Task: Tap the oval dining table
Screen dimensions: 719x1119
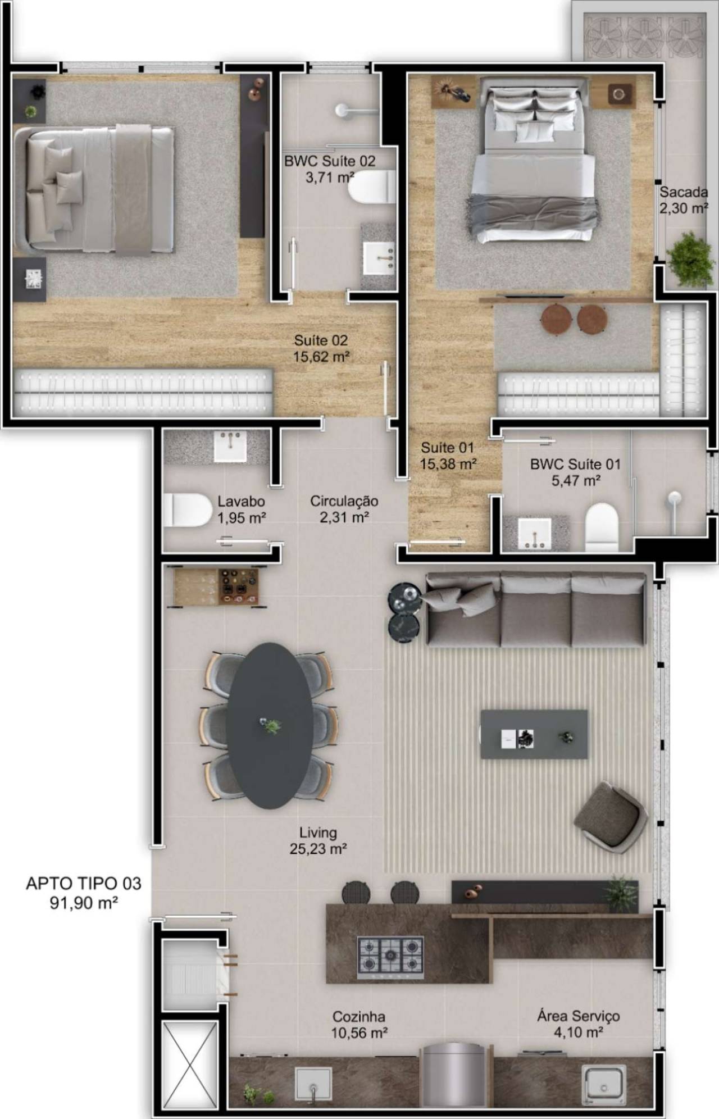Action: pos(270,725)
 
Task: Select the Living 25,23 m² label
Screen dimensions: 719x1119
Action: pos(318,840)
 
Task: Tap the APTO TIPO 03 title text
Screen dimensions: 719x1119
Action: pos(84,884)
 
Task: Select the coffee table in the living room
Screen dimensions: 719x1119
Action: pos(534,734)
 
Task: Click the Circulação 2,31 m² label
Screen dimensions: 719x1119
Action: pos(344,508)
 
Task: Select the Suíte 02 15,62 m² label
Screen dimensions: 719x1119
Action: pos(321,348)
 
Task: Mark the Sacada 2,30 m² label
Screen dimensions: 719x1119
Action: pos(684,200)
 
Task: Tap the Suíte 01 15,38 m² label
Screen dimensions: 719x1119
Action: pos(448,456)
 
